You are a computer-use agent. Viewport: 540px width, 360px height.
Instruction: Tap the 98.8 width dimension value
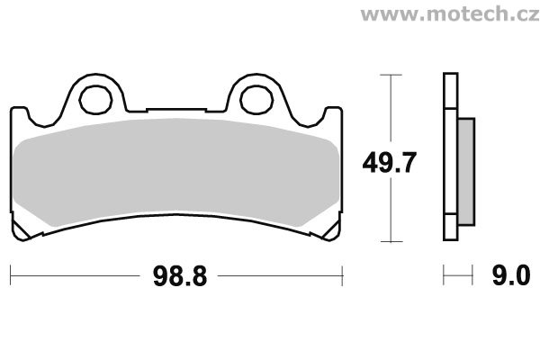pos(180,276)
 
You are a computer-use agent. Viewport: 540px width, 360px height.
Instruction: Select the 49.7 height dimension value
pos(389,163)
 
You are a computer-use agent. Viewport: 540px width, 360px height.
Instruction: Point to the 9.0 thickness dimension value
pos(511,275)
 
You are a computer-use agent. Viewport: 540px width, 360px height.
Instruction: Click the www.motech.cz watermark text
pos(450,13)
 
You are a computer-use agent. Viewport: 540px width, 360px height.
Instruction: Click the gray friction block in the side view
pos(466,172)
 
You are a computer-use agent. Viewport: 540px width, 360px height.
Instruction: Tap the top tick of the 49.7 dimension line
pos(391,75)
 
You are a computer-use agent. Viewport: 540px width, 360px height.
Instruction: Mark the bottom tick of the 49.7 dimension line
pos(391,241)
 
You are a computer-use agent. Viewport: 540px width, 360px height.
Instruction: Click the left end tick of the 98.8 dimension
pos(11,275)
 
